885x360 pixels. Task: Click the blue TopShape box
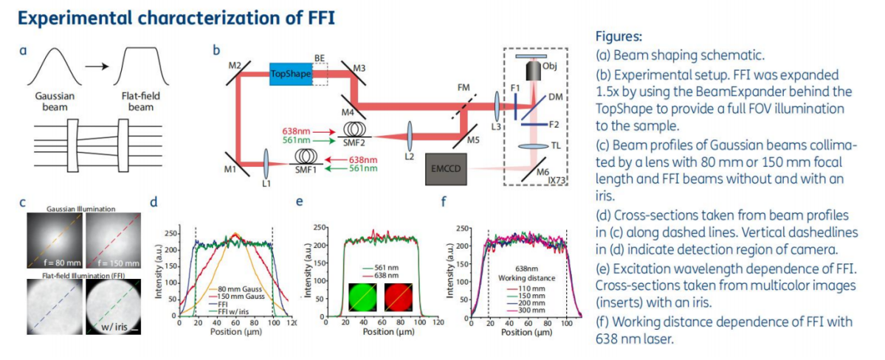point(291,73)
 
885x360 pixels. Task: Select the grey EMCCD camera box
point(447,167)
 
